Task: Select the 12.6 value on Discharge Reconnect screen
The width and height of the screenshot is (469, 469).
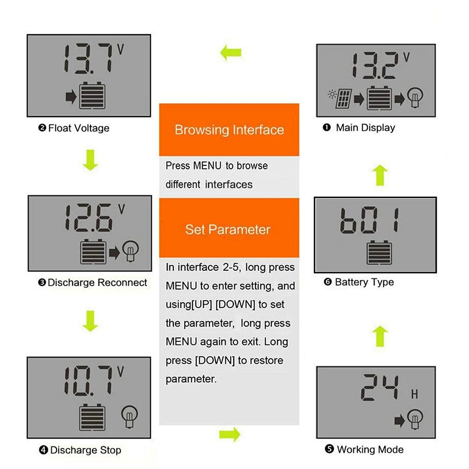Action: (89, 217)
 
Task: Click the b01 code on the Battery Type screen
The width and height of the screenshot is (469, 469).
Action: (370, 222)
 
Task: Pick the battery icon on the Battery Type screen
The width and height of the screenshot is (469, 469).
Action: (379, 253)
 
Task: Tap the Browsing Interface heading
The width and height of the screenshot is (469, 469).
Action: (229, 130)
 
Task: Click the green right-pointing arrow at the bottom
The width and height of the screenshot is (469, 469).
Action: (230, 434)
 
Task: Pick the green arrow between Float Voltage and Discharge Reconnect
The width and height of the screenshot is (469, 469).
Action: (90, 161)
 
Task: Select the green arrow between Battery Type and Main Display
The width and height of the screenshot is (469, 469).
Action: (380, 176)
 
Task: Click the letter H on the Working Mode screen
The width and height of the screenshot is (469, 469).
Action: (414, 395)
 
